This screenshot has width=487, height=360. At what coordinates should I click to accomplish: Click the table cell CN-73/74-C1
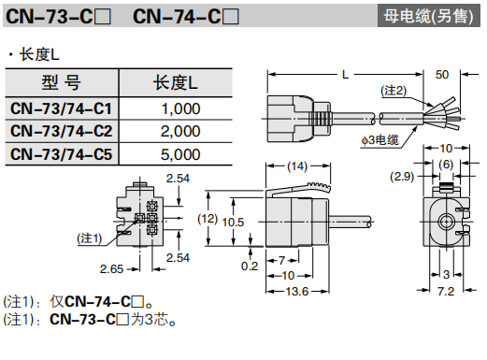(x=61, y=108)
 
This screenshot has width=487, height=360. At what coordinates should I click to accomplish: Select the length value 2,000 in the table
(x=180, y=131)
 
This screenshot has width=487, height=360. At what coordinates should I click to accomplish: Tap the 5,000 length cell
(x=180, y=154)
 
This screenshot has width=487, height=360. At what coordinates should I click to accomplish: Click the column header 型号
(x=61, y=82)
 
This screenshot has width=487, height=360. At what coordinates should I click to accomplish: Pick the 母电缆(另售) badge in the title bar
(x=428, y=16)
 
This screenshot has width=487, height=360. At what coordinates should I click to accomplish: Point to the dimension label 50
(x=442, y=75)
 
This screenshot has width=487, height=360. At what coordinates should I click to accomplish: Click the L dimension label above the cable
(x=345, y=75)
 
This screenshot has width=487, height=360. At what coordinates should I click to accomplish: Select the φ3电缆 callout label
(x=380, y=140)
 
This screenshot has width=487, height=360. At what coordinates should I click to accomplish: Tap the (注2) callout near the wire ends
(x=394, y=91)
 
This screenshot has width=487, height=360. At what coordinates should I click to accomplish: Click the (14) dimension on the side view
(x=297, y=166)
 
